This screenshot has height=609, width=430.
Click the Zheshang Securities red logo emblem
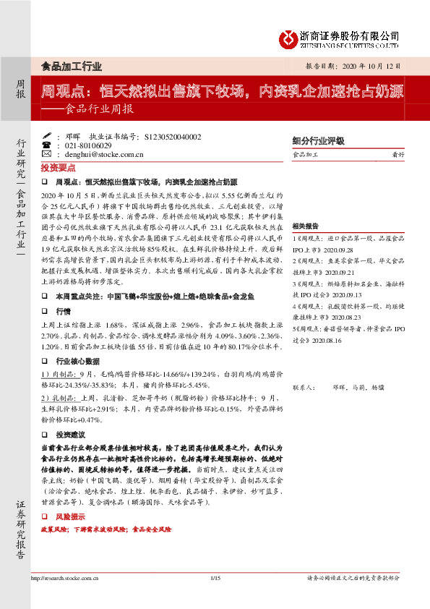291,36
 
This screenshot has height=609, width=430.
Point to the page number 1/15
214,578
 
